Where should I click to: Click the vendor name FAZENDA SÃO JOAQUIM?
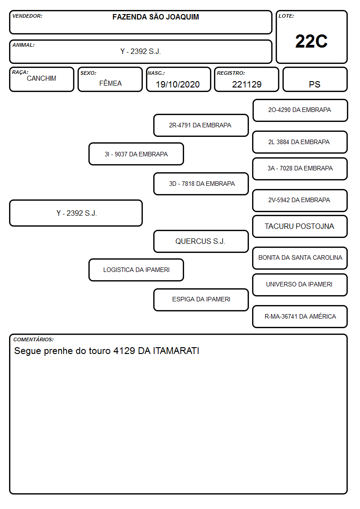pos(156,17)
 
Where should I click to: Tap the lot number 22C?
pos(311,41)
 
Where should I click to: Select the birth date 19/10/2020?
pos(178,84)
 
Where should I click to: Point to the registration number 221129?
pos(247,84)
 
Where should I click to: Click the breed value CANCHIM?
pos(42,78)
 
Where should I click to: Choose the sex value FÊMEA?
pos(110,83)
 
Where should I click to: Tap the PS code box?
pos(315,79)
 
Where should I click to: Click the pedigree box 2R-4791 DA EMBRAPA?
pos(201,125)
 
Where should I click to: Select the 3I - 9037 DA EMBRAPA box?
pos(136,154)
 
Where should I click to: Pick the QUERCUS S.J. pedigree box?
pos(201,241)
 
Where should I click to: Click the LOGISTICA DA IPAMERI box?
pos(136,270)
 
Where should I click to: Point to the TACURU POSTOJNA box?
pos(300,226)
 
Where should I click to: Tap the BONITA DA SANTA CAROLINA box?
pos(300,258)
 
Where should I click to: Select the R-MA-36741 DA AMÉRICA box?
pos(300,316)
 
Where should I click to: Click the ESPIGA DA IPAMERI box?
pos(201,300)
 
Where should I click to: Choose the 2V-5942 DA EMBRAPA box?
pos(300,200)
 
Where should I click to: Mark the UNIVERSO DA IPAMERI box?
pos(300,285)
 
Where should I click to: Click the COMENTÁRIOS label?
pos(34,339)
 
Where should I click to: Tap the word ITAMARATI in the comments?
pos(176,351)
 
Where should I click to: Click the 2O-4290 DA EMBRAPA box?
pos(300,111)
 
